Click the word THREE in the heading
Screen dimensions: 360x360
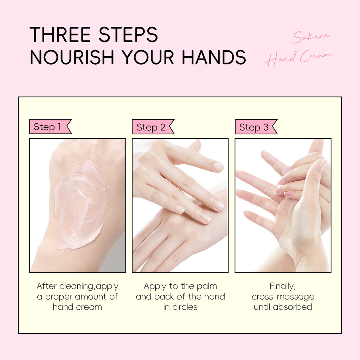point(60,34)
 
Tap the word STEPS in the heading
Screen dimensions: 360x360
point(128,34)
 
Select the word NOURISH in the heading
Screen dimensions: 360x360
point(72,57)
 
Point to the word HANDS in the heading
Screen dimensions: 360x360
point(214,57)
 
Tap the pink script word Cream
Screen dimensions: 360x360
point(316,56)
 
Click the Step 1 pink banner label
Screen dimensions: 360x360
point(51,127)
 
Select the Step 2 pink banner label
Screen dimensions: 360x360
point(153,127)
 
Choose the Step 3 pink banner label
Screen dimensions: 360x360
point(256,127)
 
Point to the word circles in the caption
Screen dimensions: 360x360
point(185,307)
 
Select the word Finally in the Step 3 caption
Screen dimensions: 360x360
point(283,286)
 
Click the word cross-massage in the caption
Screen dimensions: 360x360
point(283,297)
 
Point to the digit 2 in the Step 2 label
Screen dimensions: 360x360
point(163,127)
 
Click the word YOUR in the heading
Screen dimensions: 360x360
point(148,57)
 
